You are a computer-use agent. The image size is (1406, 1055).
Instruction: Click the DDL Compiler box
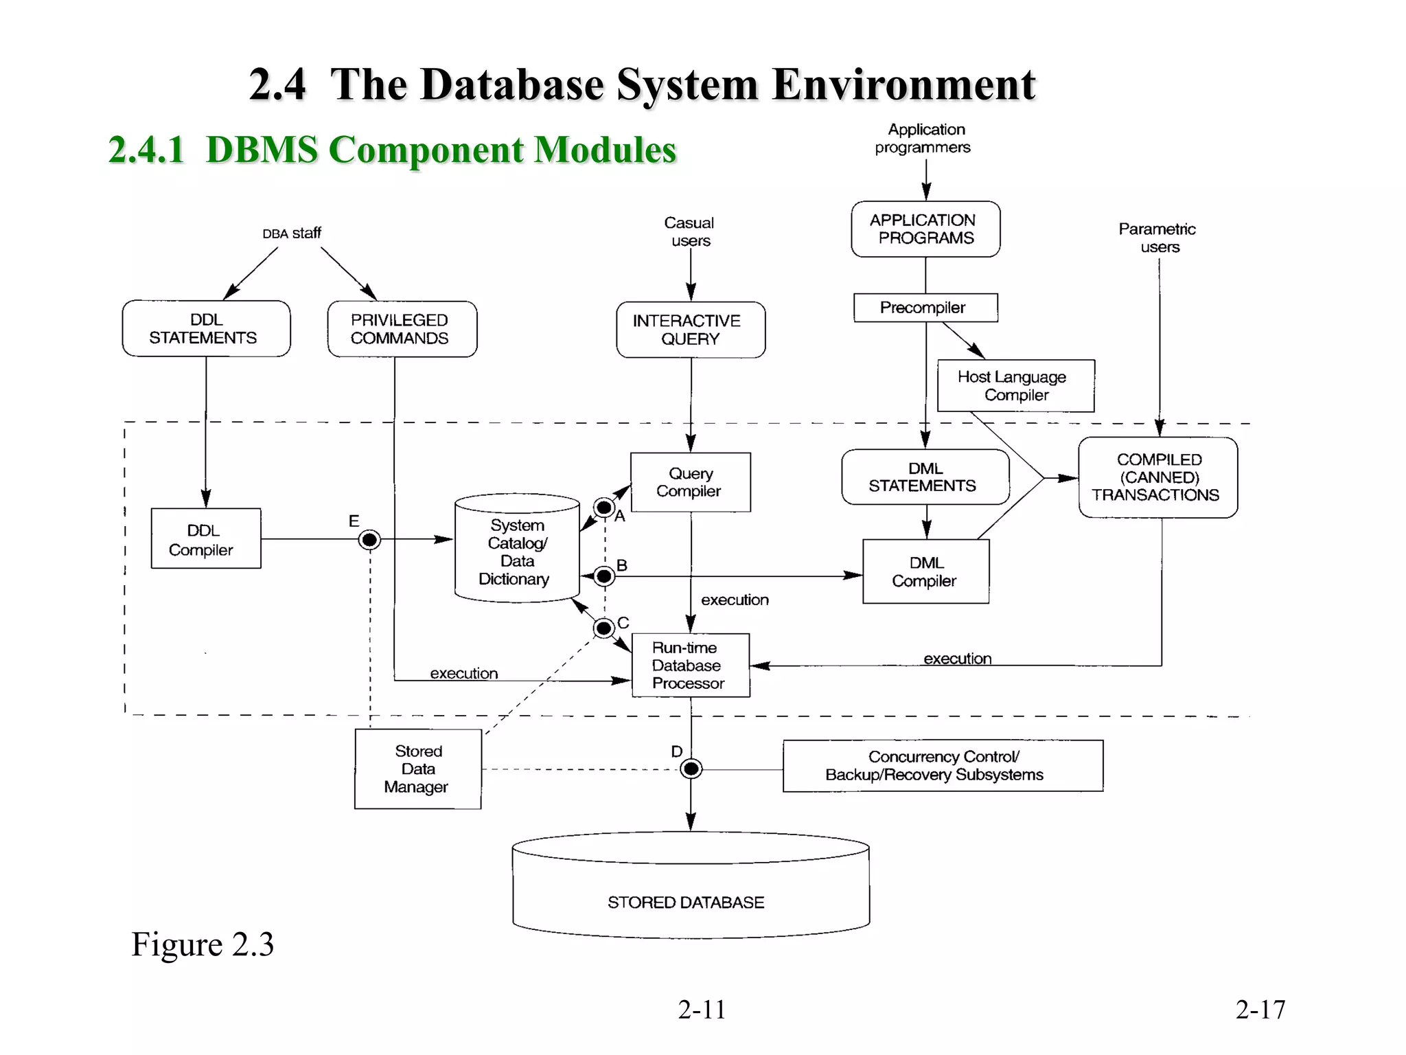(206, 538)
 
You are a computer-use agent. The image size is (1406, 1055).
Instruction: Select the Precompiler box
(925, 308)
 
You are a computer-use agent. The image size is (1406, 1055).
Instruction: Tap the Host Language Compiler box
(1015, 386)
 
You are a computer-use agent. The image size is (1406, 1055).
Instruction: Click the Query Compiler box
(690, 482)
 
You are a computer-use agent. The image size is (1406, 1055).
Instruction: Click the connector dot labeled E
(369, 540)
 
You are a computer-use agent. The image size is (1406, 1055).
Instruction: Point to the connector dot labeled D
(691, 769)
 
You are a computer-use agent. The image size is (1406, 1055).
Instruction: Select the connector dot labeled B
(604, 576)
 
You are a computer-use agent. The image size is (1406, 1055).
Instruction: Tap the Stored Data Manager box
(417, 769)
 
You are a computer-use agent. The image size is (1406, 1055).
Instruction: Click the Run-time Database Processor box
(690, 665)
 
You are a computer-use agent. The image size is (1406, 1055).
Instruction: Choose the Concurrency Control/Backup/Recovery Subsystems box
(942, 766)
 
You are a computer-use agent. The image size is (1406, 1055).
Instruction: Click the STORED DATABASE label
(685, 902)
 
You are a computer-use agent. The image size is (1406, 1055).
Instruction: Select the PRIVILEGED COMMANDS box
(402, 329)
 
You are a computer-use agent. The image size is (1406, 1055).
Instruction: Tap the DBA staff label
(292, 234)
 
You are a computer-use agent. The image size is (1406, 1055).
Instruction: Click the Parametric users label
(1157, 238)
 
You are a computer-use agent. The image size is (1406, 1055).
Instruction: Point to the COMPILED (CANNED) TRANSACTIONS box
(1157, 477)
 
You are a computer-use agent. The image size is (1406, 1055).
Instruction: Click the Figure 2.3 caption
(203, 944)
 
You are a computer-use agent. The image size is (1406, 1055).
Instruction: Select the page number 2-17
(1260, 1009)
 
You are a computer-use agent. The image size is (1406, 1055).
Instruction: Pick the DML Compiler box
(925, 571)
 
